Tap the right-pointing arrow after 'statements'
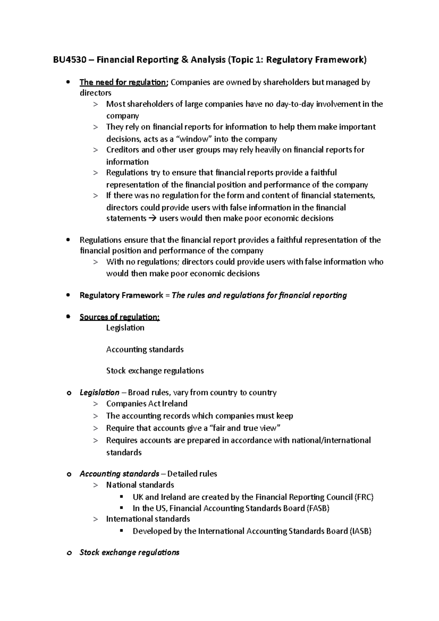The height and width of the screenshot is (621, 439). click(153, 219)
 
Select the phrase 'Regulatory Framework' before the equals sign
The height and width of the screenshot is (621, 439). click(121, 296)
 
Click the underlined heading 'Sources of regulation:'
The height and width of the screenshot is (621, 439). click(120, 317)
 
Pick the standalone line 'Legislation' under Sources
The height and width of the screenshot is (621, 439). click(125, 328)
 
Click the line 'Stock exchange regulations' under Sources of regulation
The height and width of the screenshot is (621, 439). click(155, 371)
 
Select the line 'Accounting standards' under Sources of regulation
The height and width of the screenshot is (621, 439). click(145, 350)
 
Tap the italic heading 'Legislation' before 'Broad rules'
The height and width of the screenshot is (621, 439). click(99, 393)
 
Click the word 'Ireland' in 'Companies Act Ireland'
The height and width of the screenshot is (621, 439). click(175, 404)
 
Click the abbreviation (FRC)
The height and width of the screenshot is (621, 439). click(364, 497)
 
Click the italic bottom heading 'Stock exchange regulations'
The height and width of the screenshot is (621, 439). click(129, 553)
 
